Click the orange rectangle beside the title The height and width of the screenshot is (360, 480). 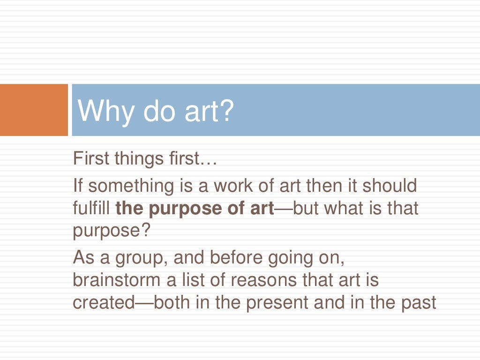pos(34,110)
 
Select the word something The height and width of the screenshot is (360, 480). pos(131,186)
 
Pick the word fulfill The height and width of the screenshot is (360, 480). pos(91,208)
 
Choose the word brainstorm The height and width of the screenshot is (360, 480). pos(120,280)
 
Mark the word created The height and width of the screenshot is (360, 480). pos(104,303)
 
